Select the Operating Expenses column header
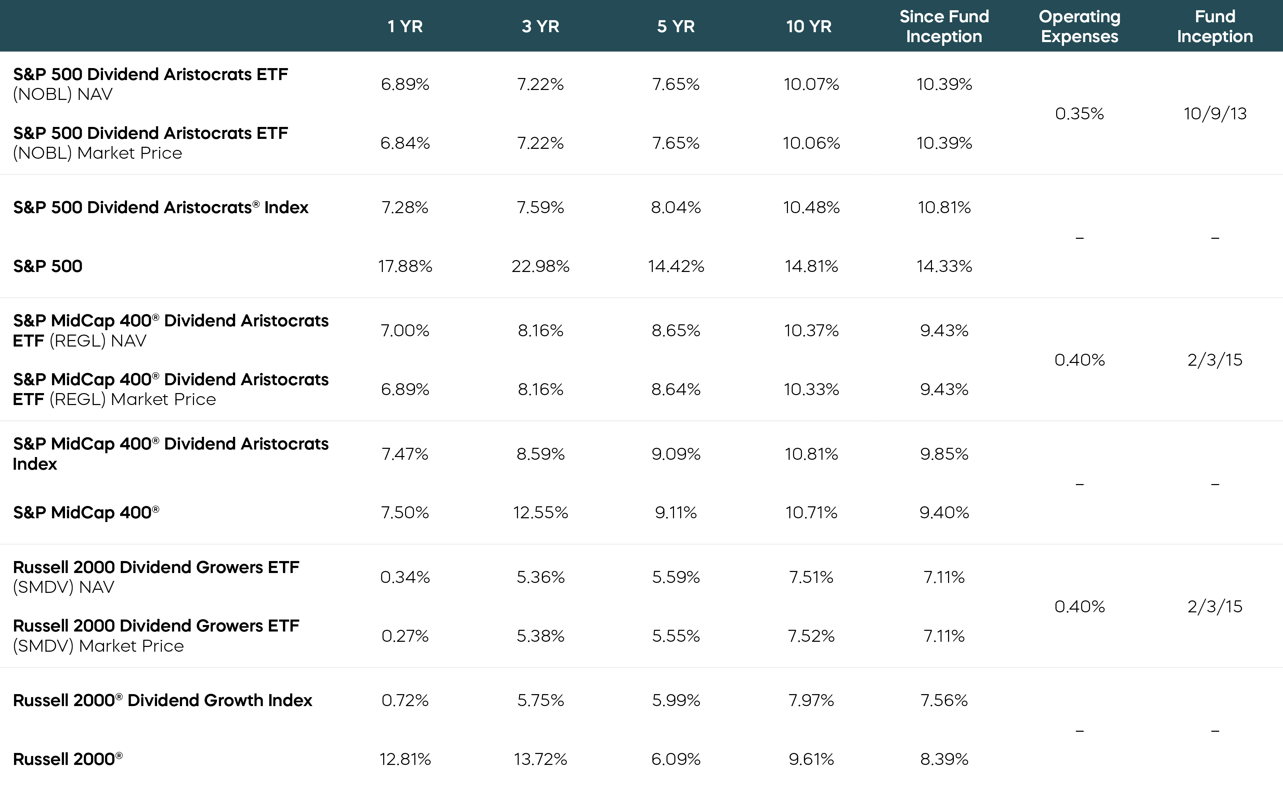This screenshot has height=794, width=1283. click(x=1079, y=26)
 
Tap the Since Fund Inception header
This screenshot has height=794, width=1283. click(x=944, y=26)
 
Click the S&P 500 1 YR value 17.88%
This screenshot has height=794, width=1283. click(x=405, y=266)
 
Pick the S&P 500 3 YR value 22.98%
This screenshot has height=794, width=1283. click(x=541, y=266)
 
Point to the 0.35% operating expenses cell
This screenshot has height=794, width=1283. click(x=1079, y=114)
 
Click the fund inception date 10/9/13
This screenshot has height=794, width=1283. click(x=1215, y=114)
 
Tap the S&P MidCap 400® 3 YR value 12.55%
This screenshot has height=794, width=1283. click(x=541, y=512)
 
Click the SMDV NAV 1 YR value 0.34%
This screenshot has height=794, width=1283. click(x=405, y=577)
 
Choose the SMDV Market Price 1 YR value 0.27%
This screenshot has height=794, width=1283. click(x=405, y=636)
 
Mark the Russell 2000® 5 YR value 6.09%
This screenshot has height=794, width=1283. click(x=676, y=759)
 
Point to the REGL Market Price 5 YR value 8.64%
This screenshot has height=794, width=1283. click(x=676, y=389)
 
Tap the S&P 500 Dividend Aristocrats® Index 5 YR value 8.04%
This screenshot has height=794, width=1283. click(x=676, y=207)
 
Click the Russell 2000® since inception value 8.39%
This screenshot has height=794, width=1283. click(x=944, y=759)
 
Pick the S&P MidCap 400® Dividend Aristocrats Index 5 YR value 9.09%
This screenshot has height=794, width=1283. click(x=676, y=454)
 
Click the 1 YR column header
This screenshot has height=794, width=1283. click(x=405, y=26)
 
